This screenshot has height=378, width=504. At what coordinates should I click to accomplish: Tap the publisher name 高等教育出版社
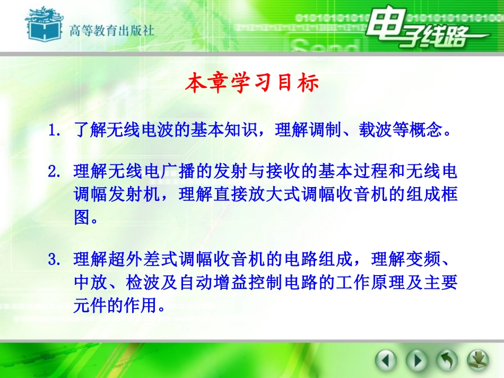tap(112, 30)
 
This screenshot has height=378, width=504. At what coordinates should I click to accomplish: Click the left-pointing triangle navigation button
tap(386, 361)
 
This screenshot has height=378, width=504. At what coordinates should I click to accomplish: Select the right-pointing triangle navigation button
tap(416, 361)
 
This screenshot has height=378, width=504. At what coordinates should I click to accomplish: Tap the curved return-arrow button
tap(447, 361)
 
